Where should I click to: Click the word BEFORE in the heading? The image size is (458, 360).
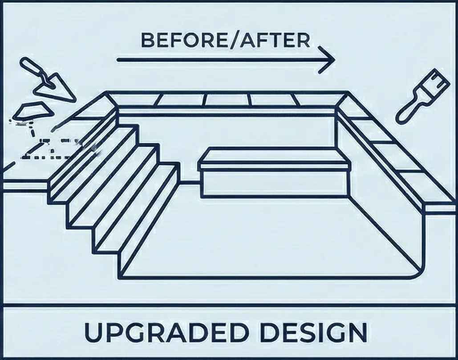point(175,41)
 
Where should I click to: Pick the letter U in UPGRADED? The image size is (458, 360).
point(93,332)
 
